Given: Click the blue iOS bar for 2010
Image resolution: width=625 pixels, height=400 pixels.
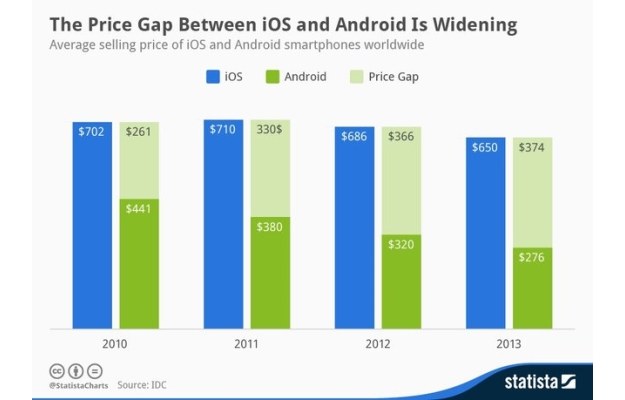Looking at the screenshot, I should [92, 225].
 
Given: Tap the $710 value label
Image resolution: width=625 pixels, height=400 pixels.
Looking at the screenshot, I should [223, 129].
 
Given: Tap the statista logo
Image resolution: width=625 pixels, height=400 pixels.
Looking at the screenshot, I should [544, 381].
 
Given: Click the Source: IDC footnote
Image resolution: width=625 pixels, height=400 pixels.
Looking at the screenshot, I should [142, 384].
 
